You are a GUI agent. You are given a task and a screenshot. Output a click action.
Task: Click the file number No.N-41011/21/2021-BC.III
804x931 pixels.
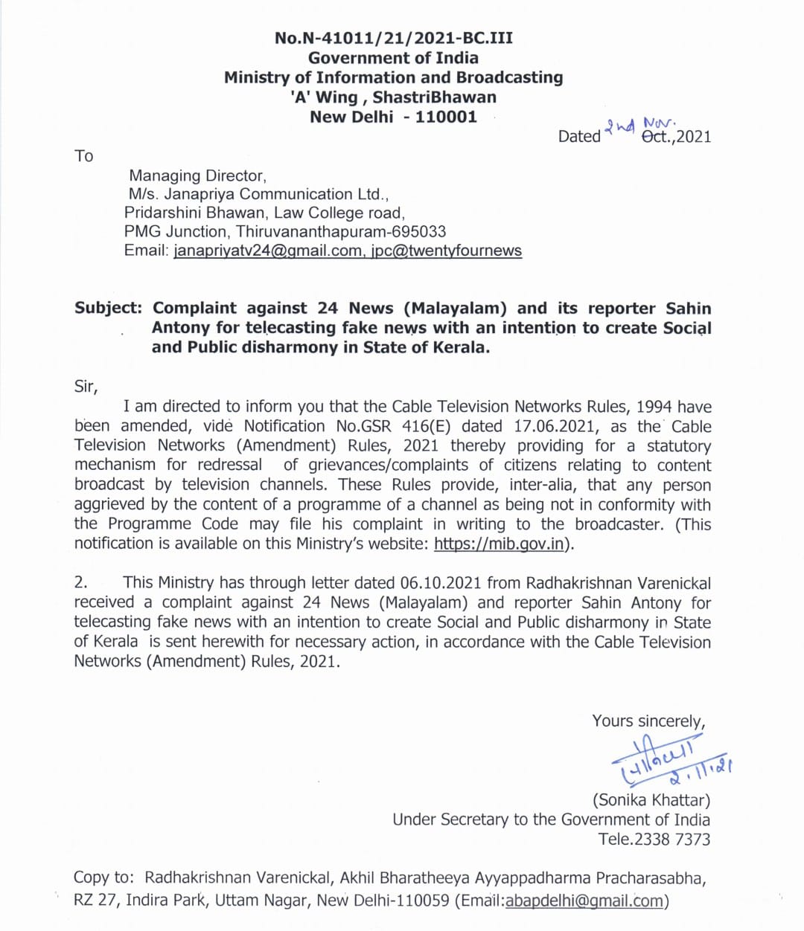pos(393,38)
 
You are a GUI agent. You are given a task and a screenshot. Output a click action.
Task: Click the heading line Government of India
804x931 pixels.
pos(393,58)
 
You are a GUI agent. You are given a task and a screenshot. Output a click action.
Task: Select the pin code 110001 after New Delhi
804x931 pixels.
pos(446,117)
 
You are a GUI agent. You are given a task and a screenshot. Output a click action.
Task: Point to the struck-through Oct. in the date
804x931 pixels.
pos(657,137)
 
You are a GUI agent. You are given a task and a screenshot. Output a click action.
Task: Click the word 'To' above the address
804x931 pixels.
pos(83,156)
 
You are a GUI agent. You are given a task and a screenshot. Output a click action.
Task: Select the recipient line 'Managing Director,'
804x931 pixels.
pos(197,176)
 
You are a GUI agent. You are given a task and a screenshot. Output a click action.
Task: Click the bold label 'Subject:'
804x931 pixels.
pos(108,309)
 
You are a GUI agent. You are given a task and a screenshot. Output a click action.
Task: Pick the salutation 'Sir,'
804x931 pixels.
pos(86,387)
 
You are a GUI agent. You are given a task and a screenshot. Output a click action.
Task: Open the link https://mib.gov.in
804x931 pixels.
pos(498,544)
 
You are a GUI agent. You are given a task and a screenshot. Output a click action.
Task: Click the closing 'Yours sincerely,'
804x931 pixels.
pos(648,721)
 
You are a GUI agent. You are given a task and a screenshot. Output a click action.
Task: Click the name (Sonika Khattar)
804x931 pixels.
pos(651,800)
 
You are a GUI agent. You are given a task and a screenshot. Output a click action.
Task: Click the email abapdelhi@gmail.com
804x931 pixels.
pos(584,901)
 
